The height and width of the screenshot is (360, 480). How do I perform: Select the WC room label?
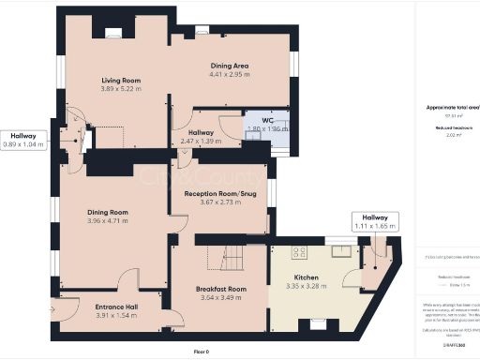point(267,121)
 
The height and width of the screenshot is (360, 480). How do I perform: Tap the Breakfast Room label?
point(221,289)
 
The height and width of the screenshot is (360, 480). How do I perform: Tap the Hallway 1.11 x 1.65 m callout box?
point(376,221)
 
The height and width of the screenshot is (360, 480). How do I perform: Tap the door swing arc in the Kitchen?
point(352,278)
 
